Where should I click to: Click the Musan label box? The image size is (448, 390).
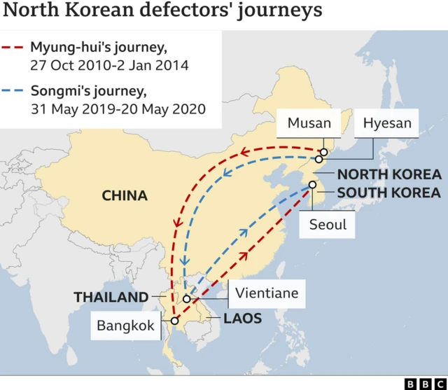[309, 124]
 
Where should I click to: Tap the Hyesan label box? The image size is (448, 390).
[387, 124]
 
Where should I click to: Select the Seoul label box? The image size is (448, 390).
[328, 225]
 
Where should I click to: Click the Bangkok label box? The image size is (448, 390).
[126, 326]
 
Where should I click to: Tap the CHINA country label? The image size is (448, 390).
[125, 196]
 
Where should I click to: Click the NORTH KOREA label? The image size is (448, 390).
[389, 175]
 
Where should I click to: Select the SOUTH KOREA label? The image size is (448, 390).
[389, 193]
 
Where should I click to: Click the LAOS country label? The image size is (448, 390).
[242, 319]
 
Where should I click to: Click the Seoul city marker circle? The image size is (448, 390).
[312, 186]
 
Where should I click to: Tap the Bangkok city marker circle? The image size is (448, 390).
[174, 321]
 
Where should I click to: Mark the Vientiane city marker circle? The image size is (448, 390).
[187, 299]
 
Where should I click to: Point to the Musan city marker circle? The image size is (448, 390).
[324, 151]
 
